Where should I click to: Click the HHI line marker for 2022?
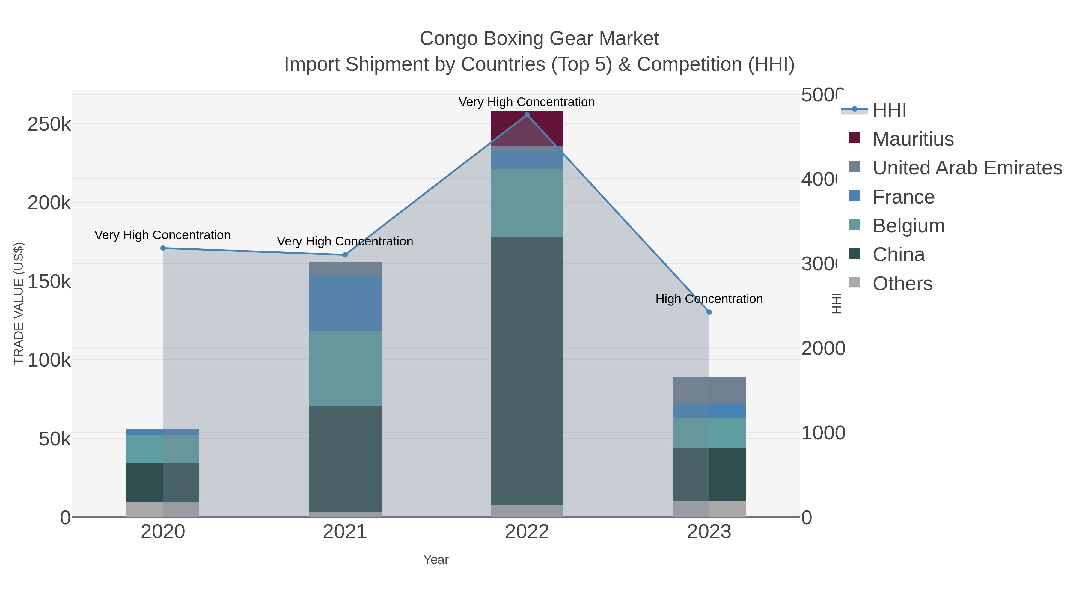tap(527, 115)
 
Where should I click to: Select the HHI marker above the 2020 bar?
tap(163, 248)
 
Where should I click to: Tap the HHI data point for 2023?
tap(709, 312)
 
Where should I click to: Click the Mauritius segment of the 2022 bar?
tap(527, 129)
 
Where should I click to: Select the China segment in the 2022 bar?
tap(527, 371)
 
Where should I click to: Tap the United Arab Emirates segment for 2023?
tap(709, 390)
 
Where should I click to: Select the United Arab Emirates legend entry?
tap(967, 168)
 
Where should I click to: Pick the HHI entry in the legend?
tap(889, 110)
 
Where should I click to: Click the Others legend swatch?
tap(855, 283)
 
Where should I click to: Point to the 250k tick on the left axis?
tap(49, 124)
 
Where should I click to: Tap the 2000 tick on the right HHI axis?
tap(823, 349)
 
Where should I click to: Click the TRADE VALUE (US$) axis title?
tap(19, 303)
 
